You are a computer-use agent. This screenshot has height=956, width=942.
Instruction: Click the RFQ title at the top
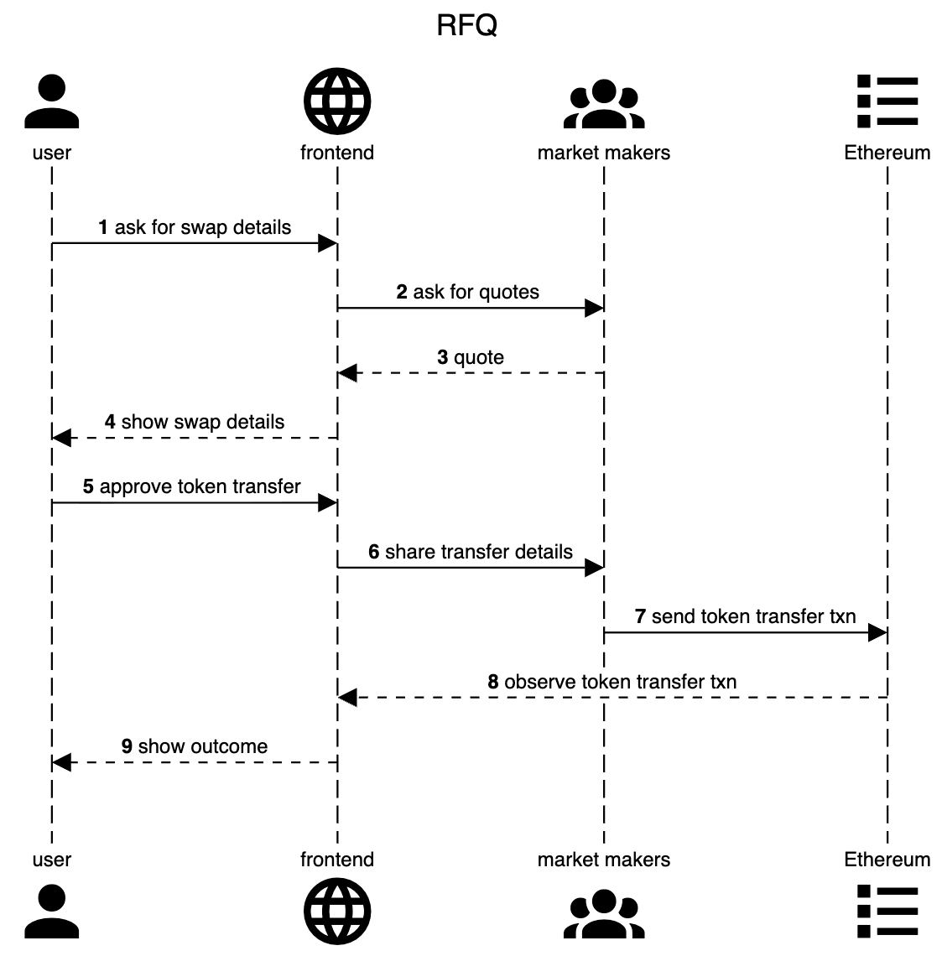467,26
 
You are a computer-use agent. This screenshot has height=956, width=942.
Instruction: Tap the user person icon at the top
52,101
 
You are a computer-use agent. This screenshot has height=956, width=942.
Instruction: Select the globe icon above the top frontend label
337,101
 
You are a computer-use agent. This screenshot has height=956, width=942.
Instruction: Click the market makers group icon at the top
604,104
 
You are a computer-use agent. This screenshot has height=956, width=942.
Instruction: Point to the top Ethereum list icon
887,101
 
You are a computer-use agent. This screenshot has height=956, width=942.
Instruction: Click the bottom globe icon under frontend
337,911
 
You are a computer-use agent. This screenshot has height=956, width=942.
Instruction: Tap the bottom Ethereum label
887,859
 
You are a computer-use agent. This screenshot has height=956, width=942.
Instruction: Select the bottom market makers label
604,859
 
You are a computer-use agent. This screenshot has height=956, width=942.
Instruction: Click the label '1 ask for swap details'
195,227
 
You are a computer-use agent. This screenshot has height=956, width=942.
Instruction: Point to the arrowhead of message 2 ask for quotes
595,309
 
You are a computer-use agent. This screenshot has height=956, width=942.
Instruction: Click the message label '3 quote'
471,357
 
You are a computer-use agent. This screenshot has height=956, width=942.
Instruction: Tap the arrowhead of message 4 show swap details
61,438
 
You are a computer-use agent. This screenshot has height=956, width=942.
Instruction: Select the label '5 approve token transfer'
191,486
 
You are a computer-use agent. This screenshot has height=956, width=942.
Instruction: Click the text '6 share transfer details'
471,552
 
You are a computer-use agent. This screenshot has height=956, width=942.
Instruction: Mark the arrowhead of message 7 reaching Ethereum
878,633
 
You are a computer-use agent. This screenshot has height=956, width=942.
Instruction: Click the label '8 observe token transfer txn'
612,682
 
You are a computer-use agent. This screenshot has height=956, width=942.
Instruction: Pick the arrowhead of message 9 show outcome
61,762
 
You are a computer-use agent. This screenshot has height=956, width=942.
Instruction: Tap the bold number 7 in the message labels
640,616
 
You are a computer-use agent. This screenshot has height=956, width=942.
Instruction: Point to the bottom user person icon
52,911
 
